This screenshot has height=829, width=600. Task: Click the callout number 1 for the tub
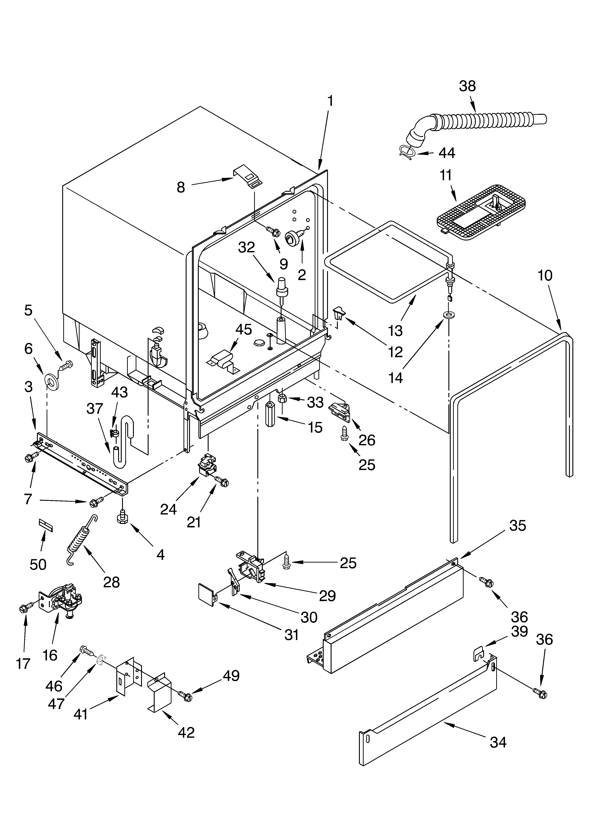(x=330, y=101)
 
